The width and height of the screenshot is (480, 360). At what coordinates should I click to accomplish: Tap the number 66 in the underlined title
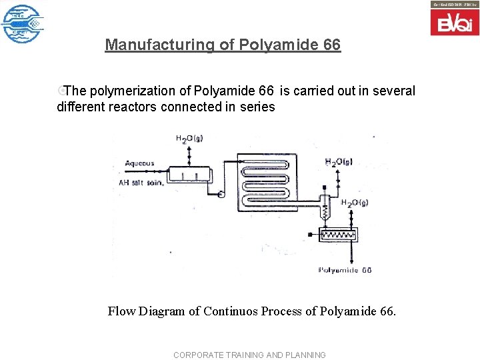coord(331,45)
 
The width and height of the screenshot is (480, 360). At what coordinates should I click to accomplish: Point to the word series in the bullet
coord(257,107)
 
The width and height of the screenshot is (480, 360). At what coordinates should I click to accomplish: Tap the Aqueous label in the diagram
coord(139,163)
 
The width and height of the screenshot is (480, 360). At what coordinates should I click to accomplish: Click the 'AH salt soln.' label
coord(141,182)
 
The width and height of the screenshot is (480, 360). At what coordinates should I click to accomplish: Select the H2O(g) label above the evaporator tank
coord(189,139)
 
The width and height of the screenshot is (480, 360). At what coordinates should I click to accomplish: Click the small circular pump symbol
coord(220,194)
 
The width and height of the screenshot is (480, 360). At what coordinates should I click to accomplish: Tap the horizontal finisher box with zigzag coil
coord(338,234)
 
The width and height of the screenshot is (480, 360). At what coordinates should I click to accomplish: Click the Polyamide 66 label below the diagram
coord(345,270)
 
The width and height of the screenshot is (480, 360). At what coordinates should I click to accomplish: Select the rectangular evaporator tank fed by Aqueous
coord(189,175)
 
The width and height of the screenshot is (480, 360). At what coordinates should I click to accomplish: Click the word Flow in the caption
coord(121,311)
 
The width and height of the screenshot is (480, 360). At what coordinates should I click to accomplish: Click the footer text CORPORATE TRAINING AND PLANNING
coord(249,355)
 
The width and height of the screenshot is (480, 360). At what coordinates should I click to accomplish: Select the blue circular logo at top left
coord(22,23)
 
